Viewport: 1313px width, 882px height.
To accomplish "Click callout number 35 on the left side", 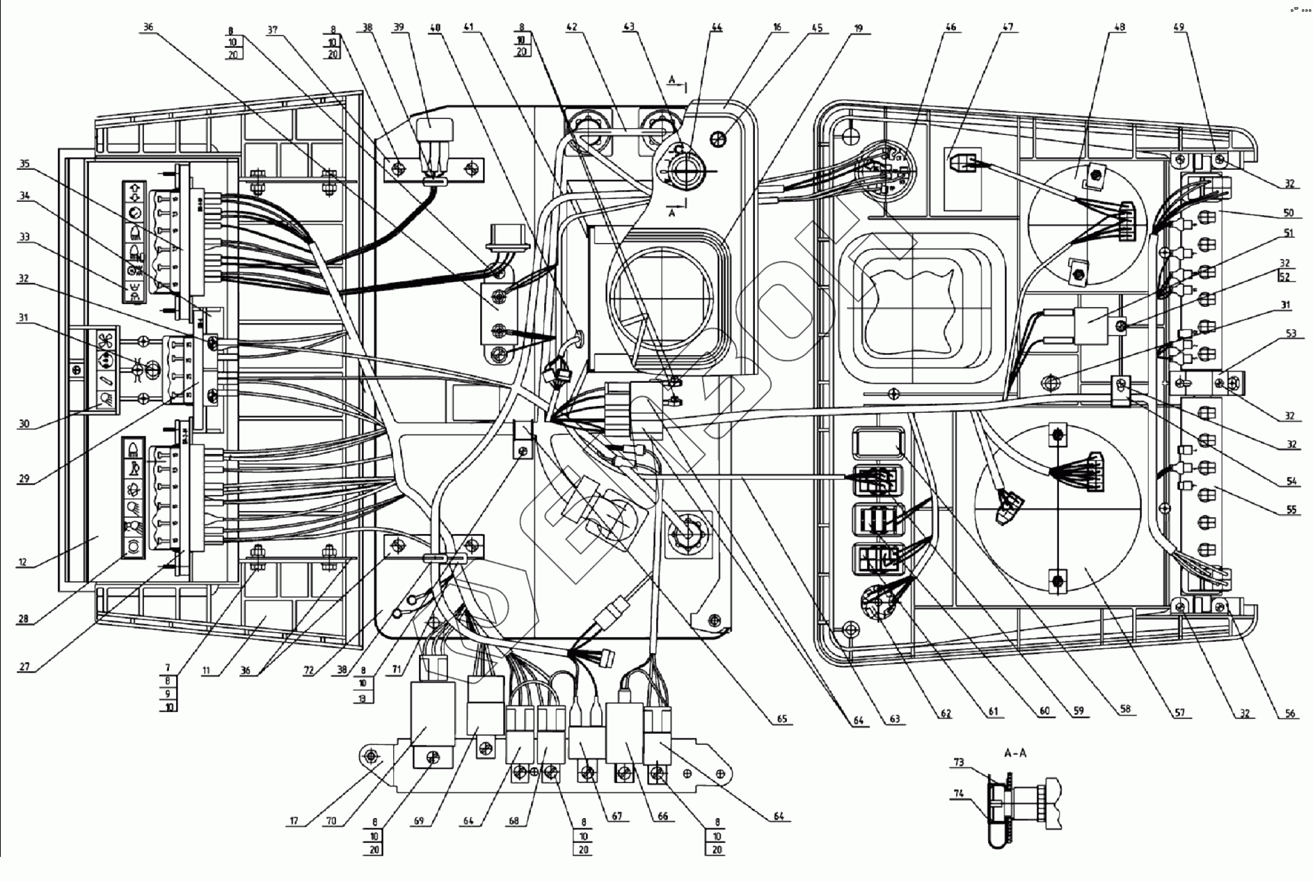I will pyautogui.click(x=25, y=165).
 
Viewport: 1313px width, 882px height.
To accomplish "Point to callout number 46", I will pyautogui.click(x=950, y=28).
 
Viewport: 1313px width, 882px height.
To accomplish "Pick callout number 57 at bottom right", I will pyautogui.click(x=1180, y=713).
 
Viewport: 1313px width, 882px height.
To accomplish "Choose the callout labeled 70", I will pyautogui.click(x=331, y=821).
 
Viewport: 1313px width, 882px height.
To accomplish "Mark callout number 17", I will pyautogui.click(x=294, y=821).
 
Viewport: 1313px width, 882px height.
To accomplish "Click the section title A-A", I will pyautogui.click(x=1015, y=753).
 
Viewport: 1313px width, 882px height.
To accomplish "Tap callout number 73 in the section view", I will pyautogui.click(x=958, y=763).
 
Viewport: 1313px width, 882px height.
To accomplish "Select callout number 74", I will pyautogui.click(x=958, y=793).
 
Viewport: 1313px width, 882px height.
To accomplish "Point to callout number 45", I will pyautogui.click(x=816, y=29).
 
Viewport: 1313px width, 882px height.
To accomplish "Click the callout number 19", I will pyautogui.click(x=858, y=29).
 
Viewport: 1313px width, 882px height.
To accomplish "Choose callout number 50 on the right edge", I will pyautogui.click(x=1289, y=212).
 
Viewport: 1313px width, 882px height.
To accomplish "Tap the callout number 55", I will pyautogui.click(x=1291, y=510).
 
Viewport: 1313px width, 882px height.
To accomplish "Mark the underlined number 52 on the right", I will pyautogui.click(x=1284, y=276).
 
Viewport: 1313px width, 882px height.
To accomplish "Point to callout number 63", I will pyautogui.click(x=894, y=719).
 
